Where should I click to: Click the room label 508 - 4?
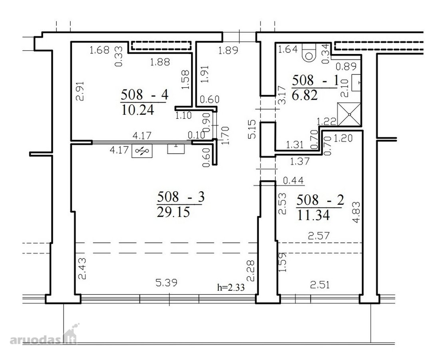tap(144, 95)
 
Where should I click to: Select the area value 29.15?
tap(173, 212)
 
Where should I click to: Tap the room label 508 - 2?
tap(320, 200)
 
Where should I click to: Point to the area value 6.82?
tap(305, 95)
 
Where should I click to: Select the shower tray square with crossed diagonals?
tap(349, 114)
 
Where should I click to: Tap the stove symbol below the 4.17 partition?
tap(142, 151)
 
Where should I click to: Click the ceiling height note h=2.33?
tap(231, 287)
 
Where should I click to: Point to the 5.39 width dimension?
tap(166, 282)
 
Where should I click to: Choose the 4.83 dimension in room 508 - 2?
tap(356, 212)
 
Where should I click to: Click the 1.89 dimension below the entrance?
tap(228, 50)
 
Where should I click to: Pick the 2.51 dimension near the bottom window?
tap(320, 285)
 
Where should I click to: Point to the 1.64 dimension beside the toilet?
tap(288, 49)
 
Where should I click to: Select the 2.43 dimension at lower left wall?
tap(82, 268)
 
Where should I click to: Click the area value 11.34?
tap(314, 215)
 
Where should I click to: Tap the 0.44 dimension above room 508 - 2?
tap(293, 180)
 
